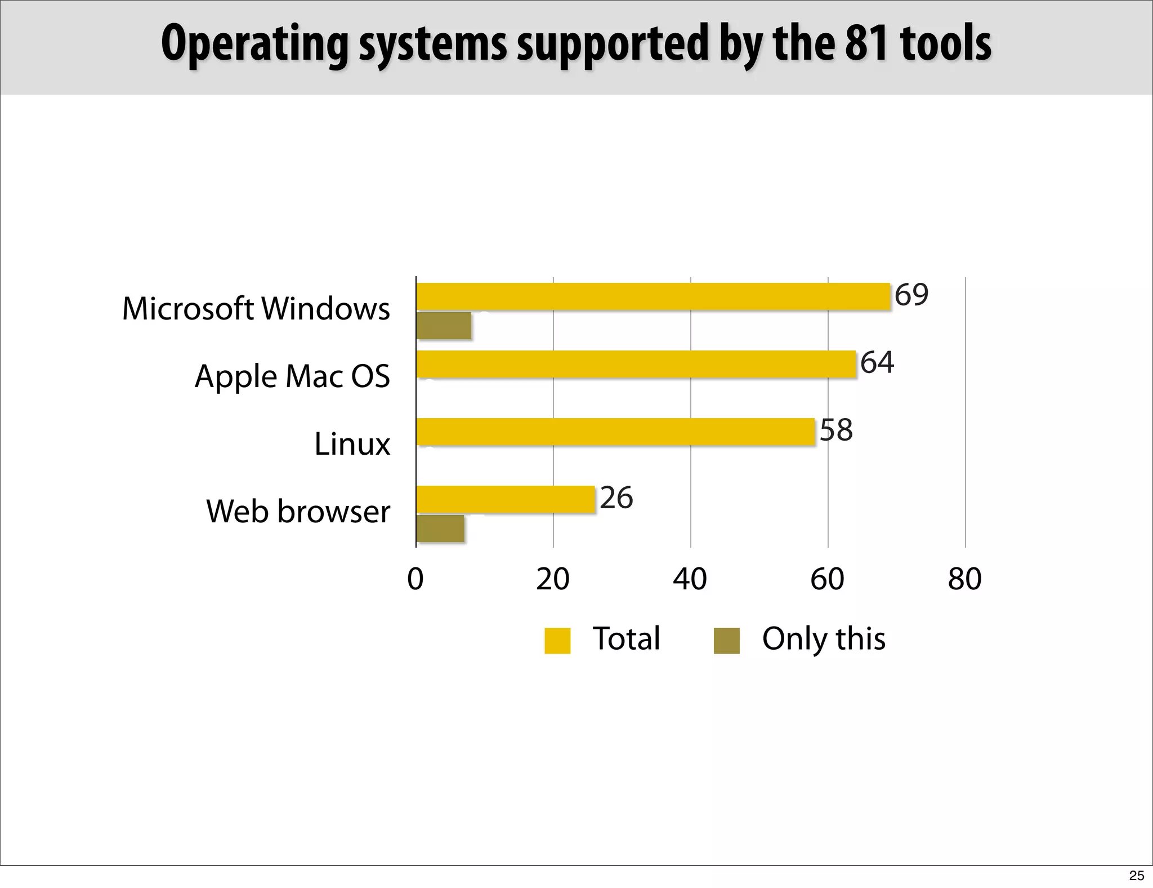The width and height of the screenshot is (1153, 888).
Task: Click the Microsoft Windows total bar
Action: pos(653,296)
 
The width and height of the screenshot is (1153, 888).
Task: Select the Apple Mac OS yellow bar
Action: pos(636,364)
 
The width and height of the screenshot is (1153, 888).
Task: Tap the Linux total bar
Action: pos(615,432)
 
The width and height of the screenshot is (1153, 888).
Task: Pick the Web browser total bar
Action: pos(506,499)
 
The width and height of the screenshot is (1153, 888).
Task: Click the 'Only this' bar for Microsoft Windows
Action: pos(444,326)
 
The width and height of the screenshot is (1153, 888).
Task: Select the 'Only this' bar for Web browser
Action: pos(440,529)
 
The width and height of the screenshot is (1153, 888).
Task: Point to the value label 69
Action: pos(911,295)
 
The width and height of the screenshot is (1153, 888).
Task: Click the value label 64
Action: pos(877,362)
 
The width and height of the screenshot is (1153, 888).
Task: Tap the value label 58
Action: pos(836,430)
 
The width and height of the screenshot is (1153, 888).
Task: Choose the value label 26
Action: pos(616,498)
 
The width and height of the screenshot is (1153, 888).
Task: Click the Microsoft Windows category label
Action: pos(256,309)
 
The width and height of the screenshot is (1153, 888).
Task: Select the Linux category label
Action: pos(352,444)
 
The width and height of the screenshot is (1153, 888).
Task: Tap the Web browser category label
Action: pos(298,512)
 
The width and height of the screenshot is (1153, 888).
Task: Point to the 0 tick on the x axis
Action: pos(415,579)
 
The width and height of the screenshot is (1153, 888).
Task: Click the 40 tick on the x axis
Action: pos(690,579)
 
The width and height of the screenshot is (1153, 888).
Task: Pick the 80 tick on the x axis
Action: pos(964,579)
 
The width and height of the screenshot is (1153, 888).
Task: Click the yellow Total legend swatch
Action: pos(557,641)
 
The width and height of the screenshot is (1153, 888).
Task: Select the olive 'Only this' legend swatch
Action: pos(726,641)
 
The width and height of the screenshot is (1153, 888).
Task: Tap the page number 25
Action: pos(1137,876)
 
